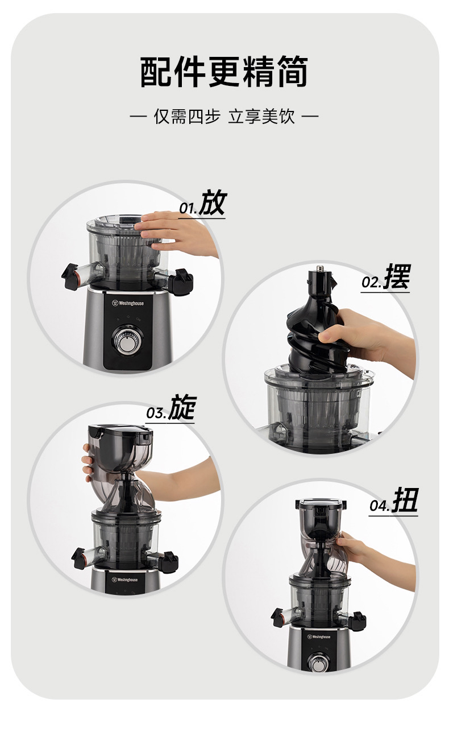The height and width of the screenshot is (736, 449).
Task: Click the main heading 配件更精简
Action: (224, 72)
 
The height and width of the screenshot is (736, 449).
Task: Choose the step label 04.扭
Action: (394, 501)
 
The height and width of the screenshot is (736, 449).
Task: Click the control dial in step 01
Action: (127, 341)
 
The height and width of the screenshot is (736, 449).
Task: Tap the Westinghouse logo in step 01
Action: (128, 303)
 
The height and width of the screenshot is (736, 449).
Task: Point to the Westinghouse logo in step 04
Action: (319, 637)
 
